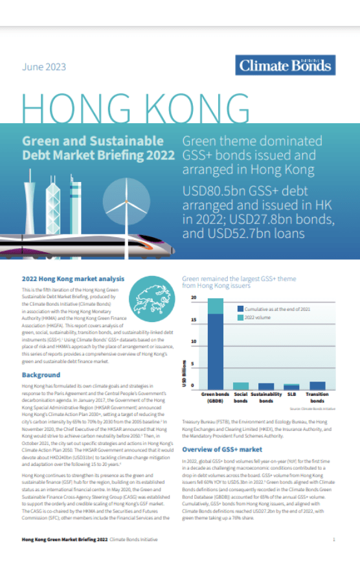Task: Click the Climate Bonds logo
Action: click(x=286, y=65)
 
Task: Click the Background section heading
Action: click(x=41, y=375)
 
